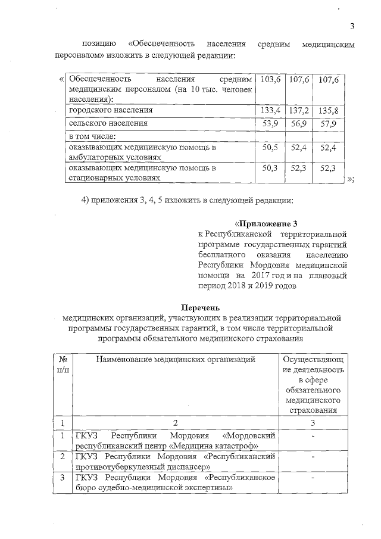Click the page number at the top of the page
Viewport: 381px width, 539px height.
coord(352,26)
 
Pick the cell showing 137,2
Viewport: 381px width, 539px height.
coord(299,111)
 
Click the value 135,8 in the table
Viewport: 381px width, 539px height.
coord(329,111)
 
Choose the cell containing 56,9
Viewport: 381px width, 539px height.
coord(299,123)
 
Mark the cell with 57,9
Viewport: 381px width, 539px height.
coord(329,123)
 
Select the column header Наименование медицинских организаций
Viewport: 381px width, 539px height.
coord(176,359)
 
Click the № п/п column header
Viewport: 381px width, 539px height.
coord(62,364)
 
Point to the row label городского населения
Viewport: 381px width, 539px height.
coord(111,111)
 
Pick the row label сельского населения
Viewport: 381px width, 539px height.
coord(107,123)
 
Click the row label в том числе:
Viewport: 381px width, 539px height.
coord(92,136)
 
